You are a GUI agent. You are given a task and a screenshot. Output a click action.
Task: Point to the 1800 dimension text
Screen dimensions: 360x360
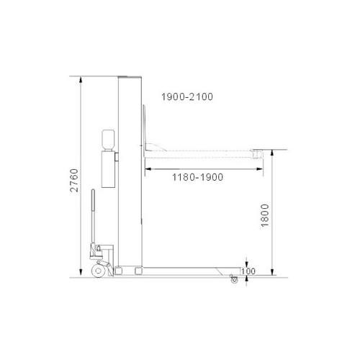coord(264,216)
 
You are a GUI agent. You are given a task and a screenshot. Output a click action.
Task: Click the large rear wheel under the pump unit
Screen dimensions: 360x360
coord(99,272)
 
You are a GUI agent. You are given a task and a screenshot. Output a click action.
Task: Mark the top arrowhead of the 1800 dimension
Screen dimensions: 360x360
coord(272,152)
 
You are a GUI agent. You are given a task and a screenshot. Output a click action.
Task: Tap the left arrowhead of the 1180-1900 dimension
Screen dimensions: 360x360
coord(148,168)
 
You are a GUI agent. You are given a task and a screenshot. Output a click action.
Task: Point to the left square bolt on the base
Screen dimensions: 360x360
coord(122,271)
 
